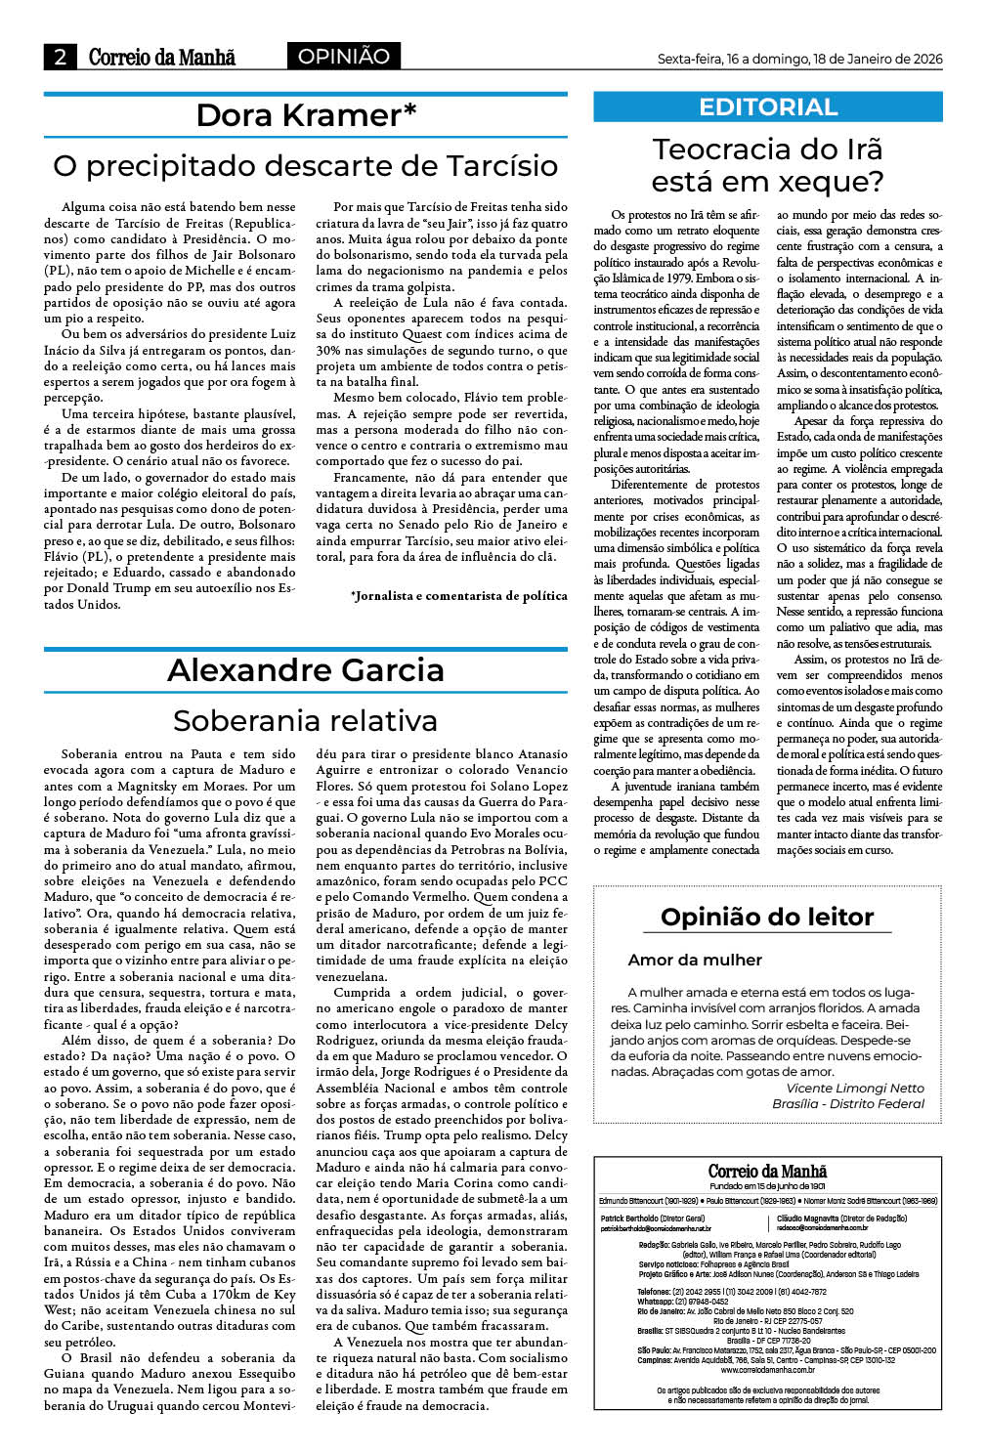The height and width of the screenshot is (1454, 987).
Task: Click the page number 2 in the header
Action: (60, 57)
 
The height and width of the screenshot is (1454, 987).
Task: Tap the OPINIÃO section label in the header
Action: (343, 57)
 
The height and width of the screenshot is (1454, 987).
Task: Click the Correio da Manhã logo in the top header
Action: (161, 58)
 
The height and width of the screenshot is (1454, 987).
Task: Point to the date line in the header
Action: (799, 59)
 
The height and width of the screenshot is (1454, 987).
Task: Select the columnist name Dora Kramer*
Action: (306, 115)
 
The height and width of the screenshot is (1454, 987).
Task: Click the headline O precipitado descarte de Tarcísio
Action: (306, 165)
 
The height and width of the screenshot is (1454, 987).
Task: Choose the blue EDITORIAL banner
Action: (768, 107)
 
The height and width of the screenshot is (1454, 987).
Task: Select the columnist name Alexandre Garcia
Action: (306, 670)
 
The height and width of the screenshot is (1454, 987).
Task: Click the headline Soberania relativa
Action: (306, 721)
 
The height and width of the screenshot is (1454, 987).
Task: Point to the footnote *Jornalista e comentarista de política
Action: (458, 596)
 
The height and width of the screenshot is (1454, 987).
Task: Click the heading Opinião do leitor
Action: (767, 917)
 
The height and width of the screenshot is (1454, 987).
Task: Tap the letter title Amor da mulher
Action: (695, 960)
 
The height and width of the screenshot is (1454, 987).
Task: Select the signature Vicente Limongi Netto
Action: (855, 1088)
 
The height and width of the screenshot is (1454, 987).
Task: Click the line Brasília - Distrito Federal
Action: (848, 1103)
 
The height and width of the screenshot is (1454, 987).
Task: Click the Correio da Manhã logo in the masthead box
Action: (767, 1172)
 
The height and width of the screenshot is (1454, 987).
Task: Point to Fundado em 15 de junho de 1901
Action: (767, 1186)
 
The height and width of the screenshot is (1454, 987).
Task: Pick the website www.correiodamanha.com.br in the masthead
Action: (767, 1370)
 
